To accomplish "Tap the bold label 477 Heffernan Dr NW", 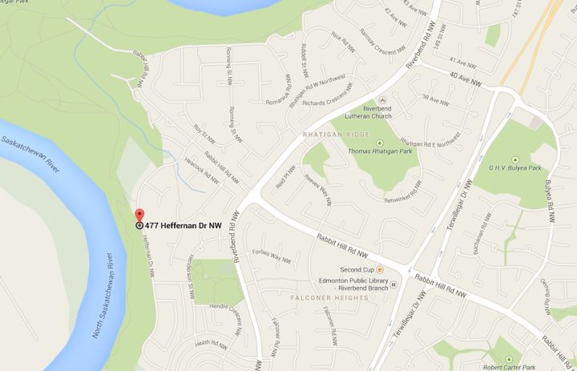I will (184, 226).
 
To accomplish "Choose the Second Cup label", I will (355, 270).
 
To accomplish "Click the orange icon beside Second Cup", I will (380, 270).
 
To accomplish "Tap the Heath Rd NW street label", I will (214, 343).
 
